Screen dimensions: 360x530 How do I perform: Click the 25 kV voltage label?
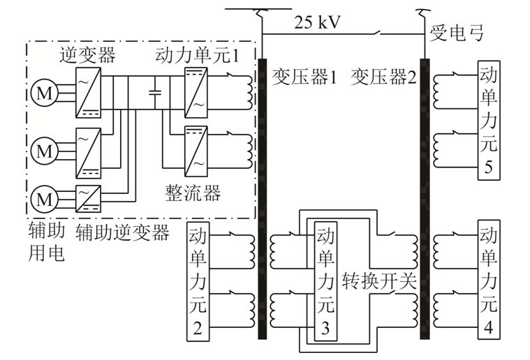click(x=317, y=22)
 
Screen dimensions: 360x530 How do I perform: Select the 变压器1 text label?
click(x=304, y=77)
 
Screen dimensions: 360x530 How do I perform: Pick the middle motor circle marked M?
click(x=42, y=149)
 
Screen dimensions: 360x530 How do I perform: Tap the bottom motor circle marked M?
click(x=42, y=198)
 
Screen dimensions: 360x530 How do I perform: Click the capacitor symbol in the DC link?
click(x=155, y=91)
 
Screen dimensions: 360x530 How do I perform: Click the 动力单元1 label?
click(x=202, y=57)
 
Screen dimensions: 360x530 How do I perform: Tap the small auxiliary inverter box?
click(x=88, y=193)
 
